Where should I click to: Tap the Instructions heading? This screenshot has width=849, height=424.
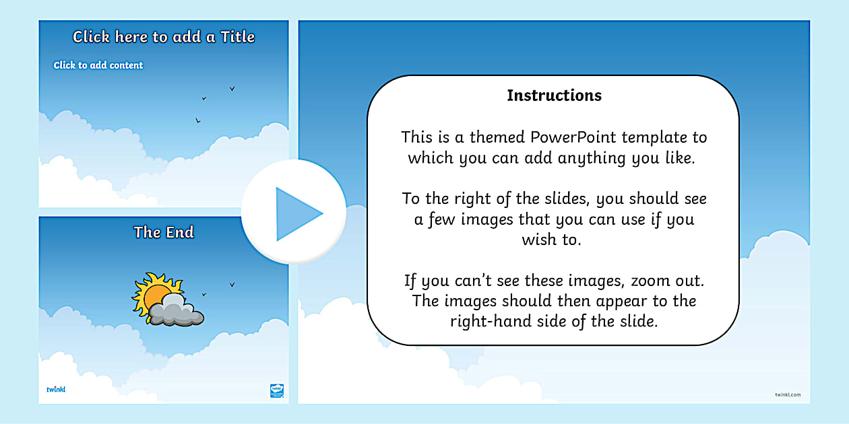554,96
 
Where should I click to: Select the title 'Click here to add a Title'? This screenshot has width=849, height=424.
164,37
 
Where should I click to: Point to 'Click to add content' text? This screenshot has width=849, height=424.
98,65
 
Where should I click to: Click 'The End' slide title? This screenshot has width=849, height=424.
164,233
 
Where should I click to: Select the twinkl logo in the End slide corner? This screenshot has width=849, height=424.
55,389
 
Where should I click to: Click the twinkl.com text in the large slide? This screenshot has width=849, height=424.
788,394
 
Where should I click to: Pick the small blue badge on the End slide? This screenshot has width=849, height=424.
277,390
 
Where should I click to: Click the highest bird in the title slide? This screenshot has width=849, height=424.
232,88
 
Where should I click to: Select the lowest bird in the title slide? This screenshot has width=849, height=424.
197,120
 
